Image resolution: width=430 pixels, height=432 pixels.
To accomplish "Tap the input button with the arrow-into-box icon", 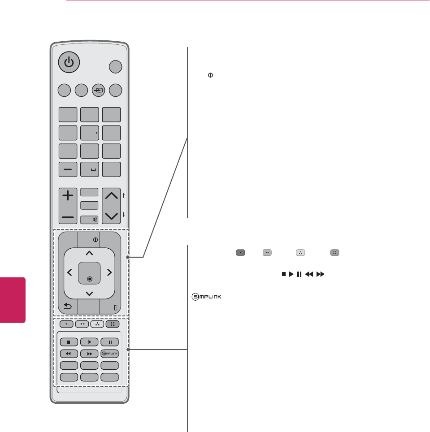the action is (98, 90).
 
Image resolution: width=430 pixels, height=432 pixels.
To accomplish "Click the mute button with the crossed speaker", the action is (90, 220).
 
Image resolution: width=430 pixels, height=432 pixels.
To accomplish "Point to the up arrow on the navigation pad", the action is (89, 254).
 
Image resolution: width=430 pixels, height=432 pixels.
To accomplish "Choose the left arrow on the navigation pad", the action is (69, 272).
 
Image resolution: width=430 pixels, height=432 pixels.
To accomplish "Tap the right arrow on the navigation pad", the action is (109, 272).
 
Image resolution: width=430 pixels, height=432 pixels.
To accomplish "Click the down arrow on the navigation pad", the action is (89, 294).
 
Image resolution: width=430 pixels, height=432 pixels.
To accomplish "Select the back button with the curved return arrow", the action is (68, 307).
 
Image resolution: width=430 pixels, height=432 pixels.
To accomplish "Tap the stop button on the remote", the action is (69, 342).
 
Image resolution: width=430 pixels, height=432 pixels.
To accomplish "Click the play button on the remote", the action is (89, 342).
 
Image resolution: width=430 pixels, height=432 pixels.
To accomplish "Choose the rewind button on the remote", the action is (69, 353).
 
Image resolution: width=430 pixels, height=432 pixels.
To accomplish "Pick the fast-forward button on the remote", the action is (89, 353).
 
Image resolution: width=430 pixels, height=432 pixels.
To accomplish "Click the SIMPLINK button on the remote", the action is (110, 353).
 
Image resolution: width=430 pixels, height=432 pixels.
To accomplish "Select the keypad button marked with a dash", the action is (68, 169).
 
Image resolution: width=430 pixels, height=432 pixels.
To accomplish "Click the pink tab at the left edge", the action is (13, 300).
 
